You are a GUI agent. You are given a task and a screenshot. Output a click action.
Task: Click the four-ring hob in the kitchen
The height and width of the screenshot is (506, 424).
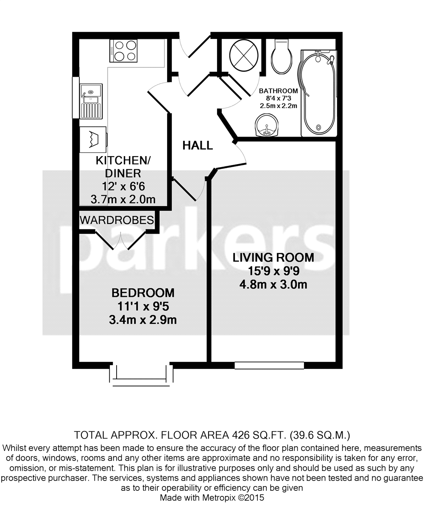click(123, 50)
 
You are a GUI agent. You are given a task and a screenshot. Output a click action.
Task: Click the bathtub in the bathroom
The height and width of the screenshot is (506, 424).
click(318, 93)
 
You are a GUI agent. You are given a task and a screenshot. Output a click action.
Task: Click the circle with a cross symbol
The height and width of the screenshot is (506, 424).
click(243, 55)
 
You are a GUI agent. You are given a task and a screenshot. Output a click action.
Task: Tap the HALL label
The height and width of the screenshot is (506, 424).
click(197, 145)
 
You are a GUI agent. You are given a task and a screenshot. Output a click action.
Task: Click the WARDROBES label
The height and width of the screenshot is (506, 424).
click(117, 220)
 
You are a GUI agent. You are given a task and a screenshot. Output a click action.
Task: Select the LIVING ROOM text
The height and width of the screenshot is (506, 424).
click(273, 257)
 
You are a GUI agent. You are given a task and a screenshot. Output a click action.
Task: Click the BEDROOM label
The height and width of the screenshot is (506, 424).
click(142, 293)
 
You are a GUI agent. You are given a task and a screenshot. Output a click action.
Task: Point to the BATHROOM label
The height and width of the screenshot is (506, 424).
click(278, 91)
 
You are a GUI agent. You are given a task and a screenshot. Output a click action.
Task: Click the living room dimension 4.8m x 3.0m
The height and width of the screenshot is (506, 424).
click(273, 284)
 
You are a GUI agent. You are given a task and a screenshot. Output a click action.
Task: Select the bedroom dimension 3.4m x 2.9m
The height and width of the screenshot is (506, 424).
click(142, 319)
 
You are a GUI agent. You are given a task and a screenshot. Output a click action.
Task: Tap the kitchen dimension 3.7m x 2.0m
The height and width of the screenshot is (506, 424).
click(123, 199)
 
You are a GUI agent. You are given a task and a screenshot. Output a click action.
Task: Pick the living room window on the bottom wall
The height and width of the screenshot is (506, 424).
click(269, 365)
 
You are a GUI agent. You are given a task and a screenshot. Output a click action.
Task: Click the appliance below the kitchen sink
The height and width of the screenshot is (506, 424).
click(93, 138)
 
